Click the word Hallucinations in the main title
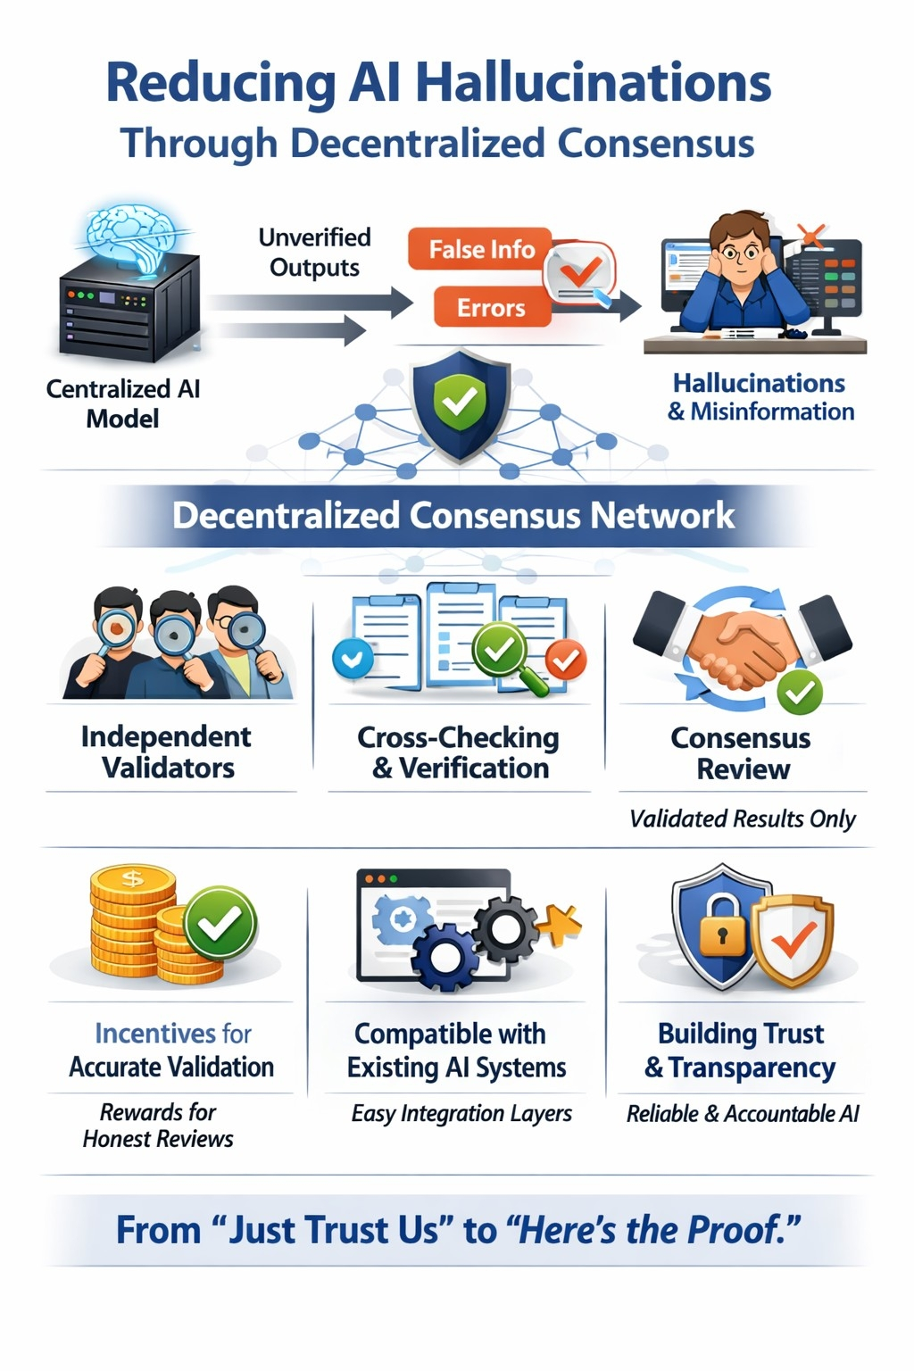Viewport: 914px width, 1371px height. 593,84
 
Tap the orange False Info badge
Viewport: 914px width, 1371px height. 481,250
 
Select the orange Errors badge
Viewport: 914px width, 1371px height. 491,308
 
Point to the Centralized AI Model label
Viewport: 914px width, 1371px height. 123,403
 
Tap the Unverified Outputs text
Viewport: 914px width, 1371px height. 314,253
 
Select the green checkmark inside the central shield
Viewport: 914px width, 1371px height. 460,401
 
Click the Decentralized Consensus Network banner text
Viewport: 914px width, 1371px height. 453,516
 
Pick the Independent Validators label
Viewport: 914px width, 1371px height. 167,752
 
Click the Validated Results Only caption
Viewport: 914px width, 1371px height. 743,819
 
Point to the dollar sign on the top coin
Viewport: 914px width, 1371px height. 132,878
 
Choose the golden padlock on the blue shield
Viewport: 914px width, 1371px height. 721,932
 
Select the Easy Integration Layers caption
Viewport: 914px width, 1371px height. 461,1114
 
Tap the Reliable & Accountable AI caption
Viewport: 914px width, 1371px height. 743,1114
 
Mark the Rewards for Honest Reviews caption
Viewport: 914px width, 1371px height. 158,1126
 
